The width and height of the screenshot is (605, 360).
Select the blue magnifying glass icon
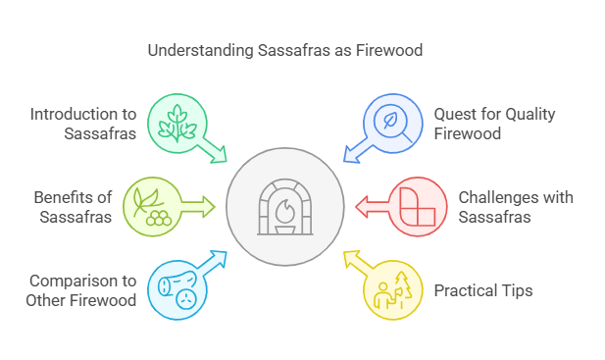pyautogui.click(x=390, y=122)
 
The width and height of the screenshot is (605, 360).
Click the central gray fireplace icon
pyautogui.click(x=284, y=206)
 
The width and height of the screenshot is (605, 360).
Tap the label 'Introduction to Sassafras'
pyautogui.click(x=82, y=124)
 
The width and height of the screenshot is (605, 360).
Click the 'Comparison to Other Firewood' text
pyautogui.click(x=81, y=290)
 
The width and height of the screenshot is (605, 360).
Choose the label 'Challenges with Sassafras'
pyautogui.click(x=516, y=207)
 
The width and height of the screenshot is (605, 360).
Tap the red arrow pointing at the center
pyautogui.click(x=371, y=206)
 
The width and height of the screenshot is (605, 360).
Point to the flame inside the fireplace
pyautogui.click(x=284, y=210)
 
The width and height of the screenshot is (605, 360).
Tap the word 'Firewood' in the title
pyautogui.click(x=391, y=49)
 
